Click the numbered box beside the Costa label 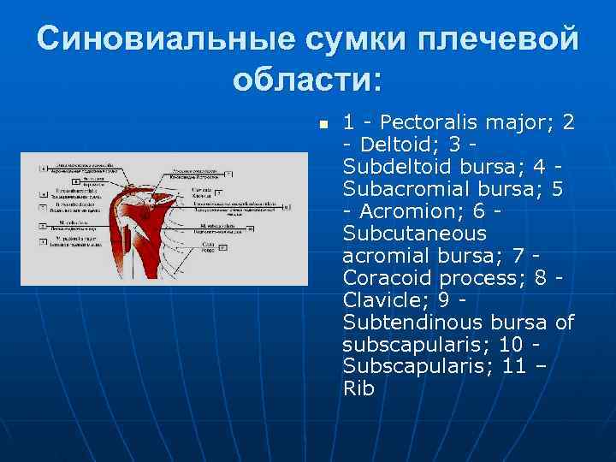tap(222, 247)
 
